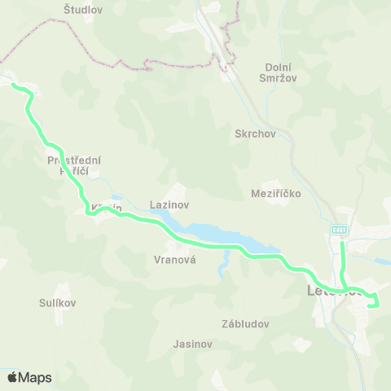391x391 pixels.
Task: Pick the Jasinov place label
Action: click(x=192, y=344)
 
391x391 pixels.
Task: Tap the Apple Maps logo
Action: click(x=29, y=377)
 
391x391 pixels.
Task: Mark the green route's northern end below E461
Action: click(x=342, y=242)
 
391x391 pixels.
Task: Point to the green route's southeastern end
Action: click(x=372, y=305)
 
